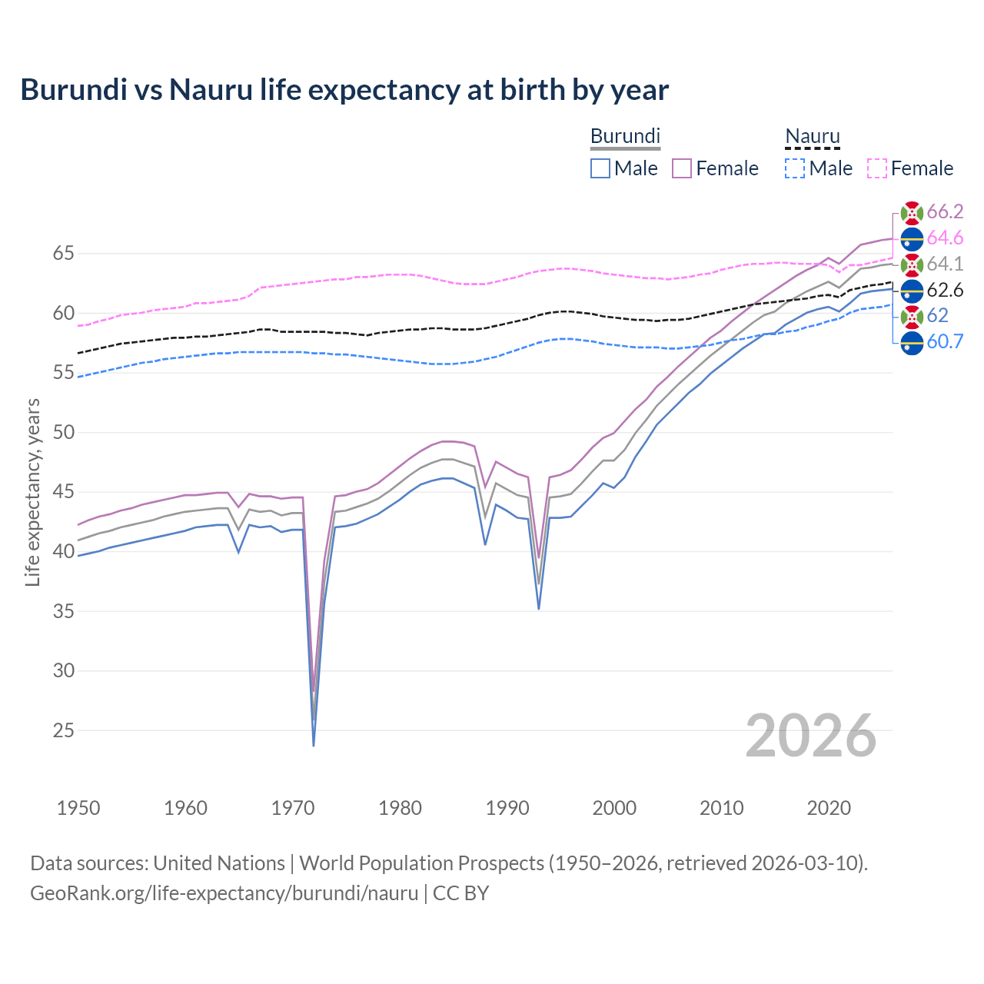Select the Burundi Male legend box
click(600, 168)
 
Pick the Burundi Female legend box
click(682, 168)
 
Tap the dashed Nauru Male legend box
click(795, 168)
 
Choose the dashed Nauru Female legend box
click(877, 168)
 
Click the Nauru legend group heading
click(812, 137)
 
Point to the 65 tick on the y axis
click(64, 254)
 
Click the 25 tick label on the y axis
click(64, 730)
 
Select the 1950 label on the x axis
click(78, 808)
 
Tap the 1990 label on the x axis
click(507, 808)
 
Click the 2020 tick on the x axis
click(829, 808)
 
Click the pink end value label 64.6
click(945, 238)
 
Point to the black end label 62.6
click(945, 291)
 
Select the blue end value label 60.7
click(945, 342)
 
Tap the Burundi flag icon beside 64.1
click(912, 264)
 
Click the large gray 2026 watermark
click(810, 736)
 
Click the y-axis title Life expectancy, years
click(32, 492)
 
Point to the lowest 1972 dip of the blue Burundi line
click(314, 745)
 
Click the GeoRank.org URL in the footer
click(224, 893)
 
